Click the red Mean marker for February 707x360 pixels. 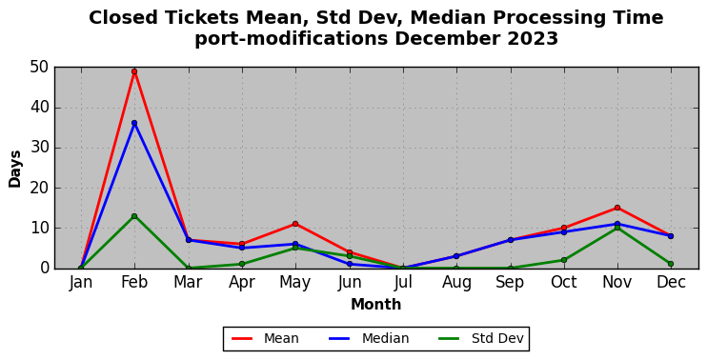[x=134, y=71]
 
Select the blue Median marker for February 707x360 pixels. [x=134, y=123]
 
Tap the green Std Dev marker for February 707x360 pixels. [x=134, y=216]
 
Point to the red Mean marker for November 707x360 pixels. [x=617, y=208]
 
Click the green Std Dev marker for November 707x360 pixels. [x=617, y=228]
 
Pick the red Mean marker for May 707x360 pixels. [x=295, y=224]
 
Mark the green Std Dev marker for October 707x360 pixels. [x=564, y=260]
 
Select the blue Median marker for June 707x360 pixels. [x=349, y=264]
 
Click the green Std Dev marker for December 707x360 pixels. [x=671, y=264]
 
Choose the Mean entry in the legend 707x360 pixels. [x=265, y=338]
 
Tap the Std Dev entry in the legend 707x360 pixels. [x=480, y=338]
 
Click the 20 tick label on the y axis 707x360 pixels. [x=39, y=188]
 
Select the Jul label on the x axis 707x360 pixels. [x=403, y=283]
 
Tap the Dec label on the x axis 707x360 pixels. [x=671, y=283]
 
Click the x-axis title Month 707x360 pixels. [x=376, y=305]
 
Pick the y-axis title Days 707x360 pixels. [x=15, y=169]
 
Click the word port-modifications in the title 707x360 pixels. [x=291, y=39]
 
